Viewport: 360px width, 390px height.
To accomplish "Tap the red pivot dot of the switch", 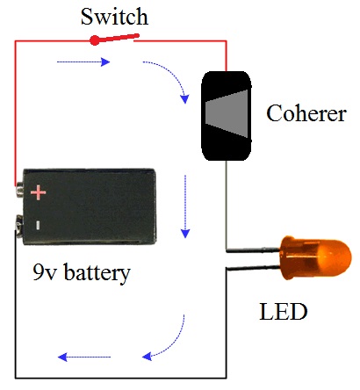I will click(x=94, y=40).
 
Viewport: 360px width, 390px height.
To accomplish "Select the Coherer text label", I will click(x=306, y=115).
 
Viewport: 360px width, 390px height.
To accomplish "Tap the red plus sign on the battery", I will click(x=38, y=191).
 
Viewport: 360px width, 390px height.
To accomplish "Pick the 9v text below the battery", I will click(x=43, y=272).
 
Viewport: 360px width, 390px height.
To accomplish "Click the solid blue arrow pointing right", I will click(x=83, y=62).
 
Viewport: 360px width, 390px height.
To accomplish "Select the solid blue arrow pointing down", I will click(x=185, y=206).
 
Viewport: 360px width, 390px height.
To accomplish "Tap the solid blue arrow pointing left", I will click(x=83, y=357).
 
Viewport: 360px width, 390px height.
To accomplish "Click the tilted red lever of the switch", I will click(x=119, y=38).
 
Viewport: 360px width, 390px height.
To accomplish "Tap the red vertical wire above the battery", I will click(x=16, y=114).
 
